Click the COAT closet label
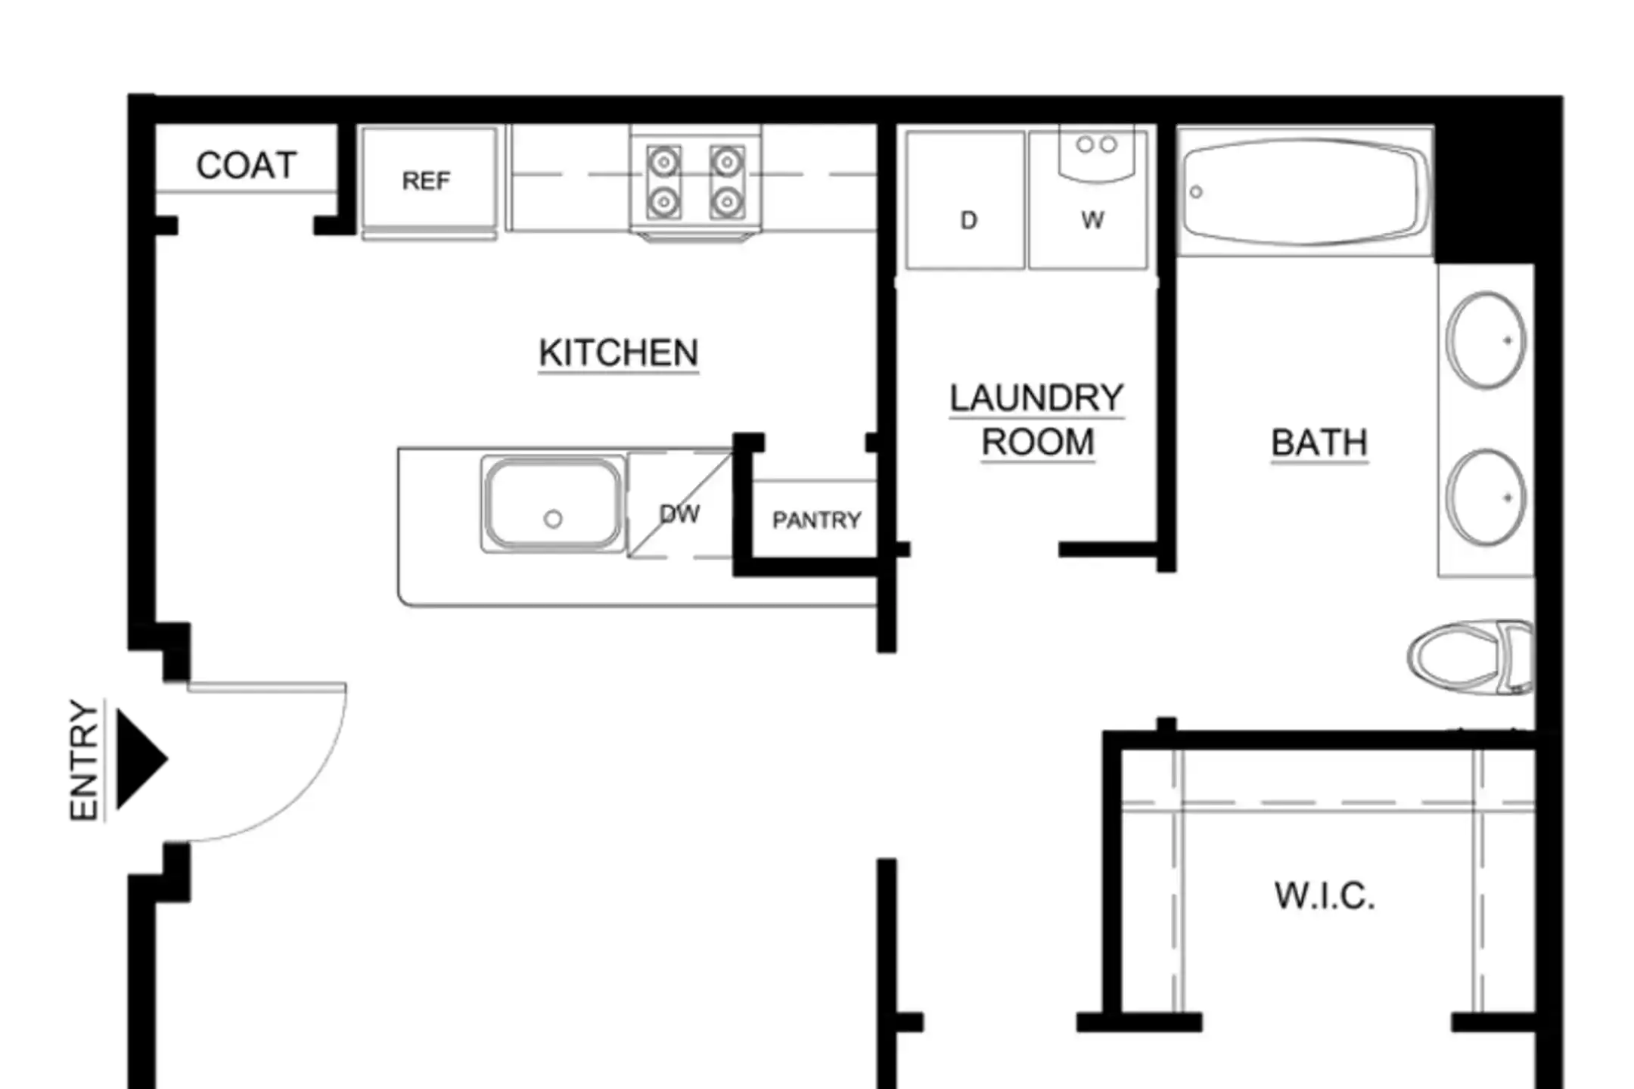(x=246, y=165)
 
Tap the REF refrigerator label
(x=426, y=181)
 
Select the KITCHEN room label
(x=618, y=353)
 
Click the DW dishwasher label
(x=679, y=514)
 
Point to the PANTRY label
(x=816, y=520)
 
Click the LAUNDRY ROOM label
(x=1037, y=420)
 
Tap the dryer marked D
(x=965, y=200)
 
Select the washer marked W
(x=1089, y=200)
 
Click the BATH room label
(x=1319, y=442)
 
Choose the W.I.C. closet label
(x=1325, y=896)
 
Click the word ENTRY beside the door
(x=84, y=759)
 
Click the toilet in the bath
(x=1470, y=657)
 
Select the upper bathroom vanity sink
(x=1486, y=340)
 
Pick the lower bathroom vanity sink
(x=1486, y=498)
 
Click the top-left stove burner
(x=663, y=162)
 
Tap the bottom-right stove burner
(x=727, y=202)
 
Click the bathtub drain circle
(x=1196, y=192)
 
